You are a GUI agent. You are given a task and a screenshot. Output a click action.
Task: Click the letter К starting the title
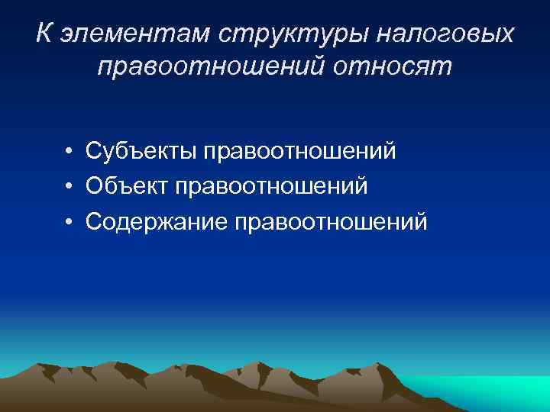(44, 34)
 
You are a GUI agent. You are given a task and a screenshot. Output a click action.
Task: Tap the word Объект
(126, 186)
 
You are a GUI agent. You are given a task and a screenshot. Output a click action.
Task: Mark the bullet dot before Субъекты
(69, 152)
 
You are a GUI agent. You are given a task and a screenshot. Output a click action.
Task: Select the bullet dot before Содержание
(69, 222)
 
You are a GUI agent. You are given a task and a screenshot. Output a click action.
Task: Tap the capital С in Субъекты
(94, 151)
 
